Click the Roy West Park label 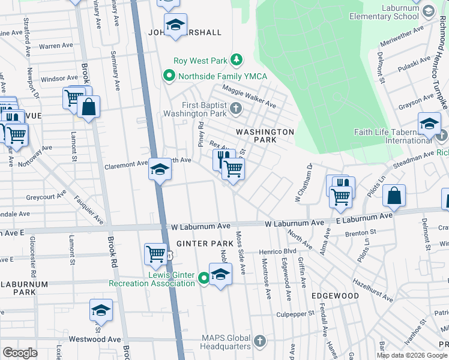tap(200, 60)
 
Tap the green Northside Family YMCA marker tap(169, 76)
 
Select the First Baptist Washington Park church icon tap(236, 109)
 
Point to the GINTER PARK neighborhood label tap(200, 244)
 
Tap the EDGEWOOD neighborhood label tap(334, 296)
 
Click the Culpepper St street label tap(295, 314)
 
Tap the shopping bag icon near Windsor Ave tap(88, 107)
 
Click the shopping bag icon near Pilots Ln tap(394, 195)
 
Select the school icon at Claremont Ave tap(160, 170)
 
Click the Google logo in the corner tap(20, 353)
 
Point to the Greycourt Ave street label tap(46, 196)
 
